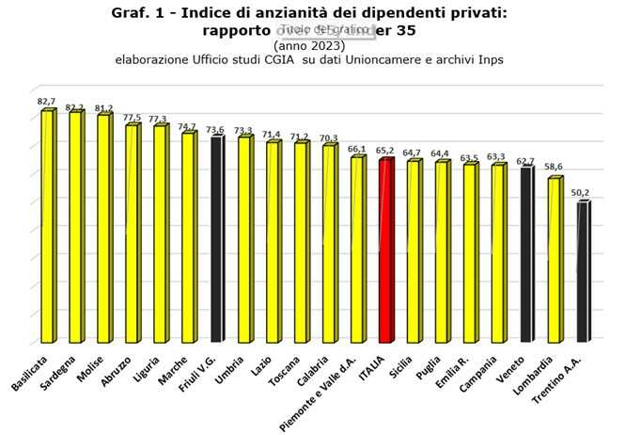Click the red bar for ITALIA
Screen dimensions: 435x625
coord(385,250)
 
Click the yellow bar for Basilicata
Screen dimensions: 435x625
coord(47,226)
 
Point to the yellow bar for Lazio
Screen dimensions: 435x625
coord(273,241)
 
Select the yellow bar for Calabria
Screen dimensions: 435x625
coord(329,243)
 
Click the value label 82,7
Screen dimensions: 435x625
coord(47,101)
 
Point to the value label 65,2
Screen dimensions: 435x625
coord(386,150)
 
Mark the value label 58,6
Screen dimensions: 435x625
coord(555,168)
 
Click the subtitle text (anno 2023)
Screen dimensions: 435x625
coord(309,45)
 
